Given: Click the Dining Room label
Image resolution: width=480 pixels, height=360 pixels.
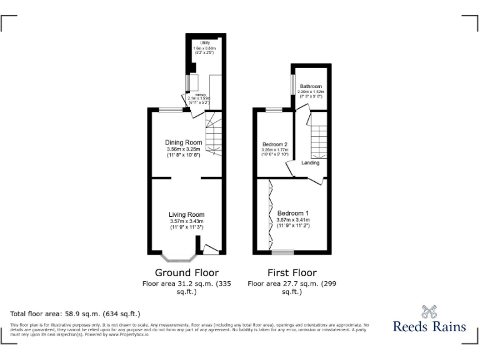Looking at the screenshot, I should (x=183, y=143).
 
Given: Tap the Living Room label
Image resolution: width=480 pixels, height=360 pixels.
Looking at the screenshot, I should (x=186, y=215).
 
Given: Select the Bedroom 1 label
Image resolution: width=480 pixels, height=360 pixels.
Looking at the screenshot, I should (x=293, y=213).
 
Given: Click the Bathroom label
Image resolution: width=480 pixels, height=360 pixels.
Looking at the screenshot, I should (x=311, y=86).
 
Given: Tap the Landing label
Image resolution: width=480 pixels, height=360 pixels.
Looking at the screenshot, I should (x=310, y=162).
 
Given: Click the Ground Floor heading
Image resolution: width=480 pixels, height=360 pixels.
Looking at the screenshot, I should (x=187, y=272).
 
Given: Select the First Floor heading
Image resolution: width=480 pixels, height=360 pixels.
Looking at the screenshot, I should (x=292, y=272).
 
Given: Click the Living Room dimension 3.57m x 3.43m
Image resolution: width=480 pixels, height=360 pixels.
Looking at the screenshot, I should (x=186, y=221).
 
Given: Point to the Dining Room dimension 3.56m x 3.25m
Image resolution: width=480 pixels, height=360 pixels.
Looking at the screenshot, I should (x=183, y=149).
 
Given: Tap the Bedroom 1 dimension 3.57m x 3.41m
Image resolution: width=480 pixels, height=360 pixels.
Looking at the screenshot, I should (x=293, y=219).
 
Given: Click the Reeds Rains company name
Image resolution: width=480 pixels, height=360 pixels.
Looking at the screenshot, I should (x=429, y=326).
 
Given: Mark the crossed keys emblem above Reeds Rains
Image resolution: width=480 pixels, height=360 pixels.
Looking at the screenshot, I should (x=429, y=311).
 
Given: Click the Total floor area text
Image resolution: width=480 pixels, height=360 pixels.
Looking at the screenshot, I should (x=75, y=314).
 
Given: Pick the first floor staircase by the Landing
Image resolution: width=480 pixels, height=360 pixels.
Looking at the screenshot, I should (x=320, y=139).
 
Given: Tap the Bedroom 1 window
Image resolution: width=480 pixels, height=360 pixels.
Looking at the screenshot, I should (x=282, y=252).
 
